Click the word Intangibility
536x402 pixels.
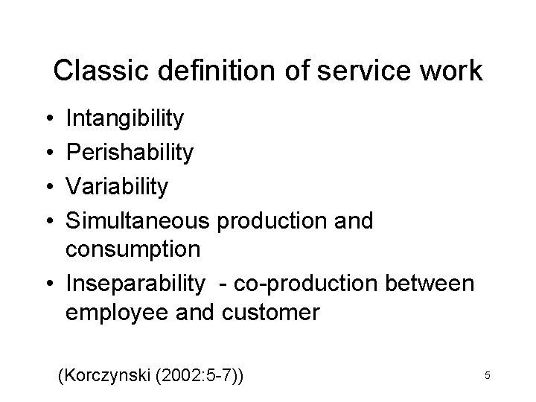(124, 118)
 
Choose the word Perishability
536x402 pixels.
(130, 153)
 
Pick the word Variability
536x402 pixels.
(118, 186)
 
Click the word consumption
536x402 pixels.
(133, 249)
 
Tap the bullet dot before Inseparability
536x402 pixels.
(48, 283)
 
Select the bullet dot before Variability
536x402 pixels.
(48, 187)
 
